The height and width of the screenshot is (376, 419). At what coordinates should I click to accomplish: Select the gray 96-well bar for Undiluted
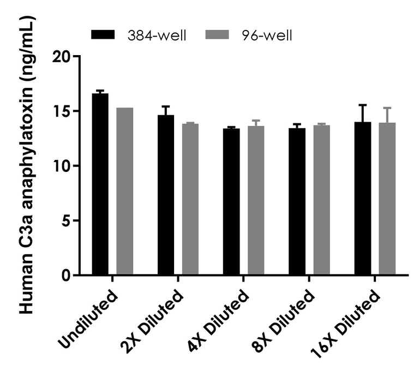[x=124, y=192]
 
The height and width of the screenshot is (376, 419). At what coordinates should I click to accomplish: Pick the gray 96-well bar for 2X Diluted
[x=190, y=200]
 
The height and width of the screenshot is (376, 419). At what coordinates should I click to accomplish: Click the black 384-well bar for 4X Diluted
[x=231, y=202]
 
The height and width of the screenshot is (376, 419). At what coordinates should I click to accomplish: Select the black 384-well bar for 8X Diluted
[x=297, y=202]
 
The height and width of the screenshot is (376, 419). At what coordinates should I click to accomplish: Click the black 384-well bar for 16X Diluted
[x=363, y=199]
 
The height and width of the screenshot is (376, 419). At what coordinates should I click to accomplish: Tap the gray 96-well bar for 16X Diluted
[x=387, y=199]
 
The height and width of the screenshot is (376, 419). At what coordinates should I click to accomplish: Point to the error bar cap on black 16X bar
[x=363, y=105]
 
